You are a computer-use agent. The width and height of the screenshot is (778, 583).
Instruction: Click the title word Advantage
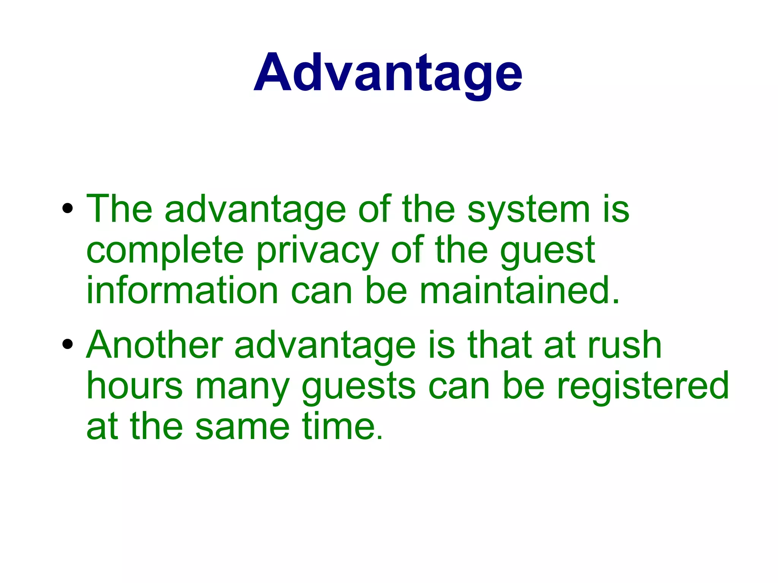388,73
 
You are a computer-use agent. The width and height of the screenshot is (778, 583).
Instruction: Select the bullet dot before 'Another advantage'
68,344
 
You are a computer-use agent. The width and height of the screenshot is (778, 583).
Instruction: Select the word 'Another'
154,345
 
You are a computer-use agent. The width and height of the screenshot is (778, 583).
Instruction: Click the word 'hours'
134,386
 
